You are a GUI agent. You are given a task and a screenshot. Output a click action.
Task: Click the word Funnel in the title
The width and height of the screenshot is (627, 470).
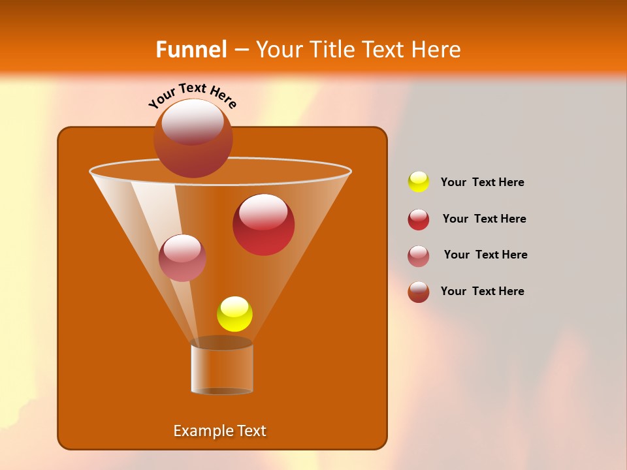coord(191,50)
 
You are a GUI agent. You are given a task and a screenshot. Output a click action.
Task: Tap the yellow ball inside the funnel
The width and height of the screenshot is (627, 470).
coord(234,314)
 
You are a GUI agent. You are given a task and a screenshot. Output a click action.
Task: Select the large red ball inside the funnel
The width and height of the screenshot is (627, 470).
coord(263,225)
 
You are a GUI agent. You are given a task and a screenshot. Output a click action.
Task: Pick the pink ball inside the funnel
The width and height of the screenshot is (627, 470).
coord(182,258)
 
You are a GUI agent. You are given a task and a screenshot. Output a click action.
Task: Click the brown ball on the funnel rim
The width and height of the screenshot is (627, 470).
coord(193,138)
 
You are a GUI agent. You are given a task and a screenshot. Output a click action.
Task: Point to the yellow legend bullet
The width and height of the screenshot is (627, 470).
coord(419,182)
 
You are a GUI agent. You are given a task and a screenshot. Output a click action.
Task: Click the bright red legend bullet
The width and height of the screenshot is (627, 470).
coord(419,219)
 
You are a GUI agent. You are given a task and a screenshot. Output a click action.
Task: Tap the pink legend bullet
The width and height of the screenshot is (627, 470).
coord(419,255)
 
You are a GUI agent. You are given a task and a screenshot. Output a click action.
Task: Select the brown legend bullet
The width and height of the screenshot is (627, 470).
coord(419,292)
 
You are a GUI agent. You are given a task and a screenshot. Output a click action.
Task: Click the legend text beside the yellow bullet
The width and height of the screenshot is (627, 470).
coord(482,182)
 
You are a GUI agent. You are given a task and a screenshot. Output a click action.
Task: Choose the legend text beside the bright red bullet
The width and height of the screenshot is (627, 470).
coord(484,219)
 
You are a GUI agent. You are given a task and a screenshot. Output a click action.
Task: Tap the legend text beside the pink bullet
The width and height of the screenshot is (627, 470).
coord(485,255)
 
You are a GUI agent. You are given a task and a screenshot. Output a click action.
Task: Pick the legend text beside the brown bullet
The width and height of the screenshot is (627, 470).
coord(482,291)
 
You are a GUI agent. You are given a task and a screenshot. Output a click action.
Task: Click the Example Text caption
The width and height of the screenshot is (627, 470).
coord(219,431)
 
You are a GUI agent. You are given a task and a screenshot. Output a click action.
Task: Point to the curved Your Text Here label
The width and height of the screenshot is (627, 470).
coord(193,95)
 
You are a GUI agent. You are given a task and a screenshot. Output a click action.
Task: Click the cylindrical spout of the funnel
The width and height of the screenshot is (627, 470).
coord(221,369)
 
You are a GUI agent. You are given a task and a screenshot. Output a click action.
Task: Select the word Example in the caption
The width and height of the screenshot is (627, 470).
coord(199,431)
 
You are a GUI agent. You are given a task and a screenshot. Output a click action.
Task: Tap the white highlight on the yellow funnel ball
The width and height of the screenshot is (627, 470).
coord(234,305)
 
